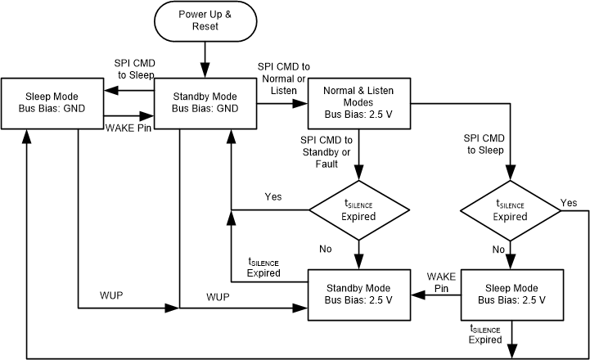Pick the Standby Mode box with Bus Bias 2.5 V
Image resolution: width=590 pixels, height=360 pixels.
tap(358, 295)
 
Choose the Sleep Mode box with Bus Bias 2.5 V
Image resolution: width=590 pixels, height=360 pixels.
tap(511, 295)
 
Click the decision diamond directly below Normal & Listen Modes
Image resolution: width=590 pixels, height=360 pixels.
tap(358, 211)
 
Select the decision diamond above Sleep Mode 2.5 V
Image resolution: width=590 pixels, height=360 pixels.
tap(511, 211)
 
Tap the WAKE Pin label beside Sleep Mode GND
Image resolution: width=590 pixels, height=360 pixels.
tap(128, 127)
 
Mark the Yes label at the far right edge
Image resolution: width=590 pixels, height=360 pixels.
tap(569, 202)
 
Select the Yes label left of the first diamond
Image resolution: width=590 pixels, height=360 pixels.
tap(274, 197)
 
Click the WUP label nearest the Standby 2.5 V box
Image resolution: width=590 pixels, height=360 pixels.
tap(218, 295)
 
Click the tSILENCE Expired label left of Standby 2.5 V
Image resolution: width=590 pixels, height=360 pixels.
tap(263, 267)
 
